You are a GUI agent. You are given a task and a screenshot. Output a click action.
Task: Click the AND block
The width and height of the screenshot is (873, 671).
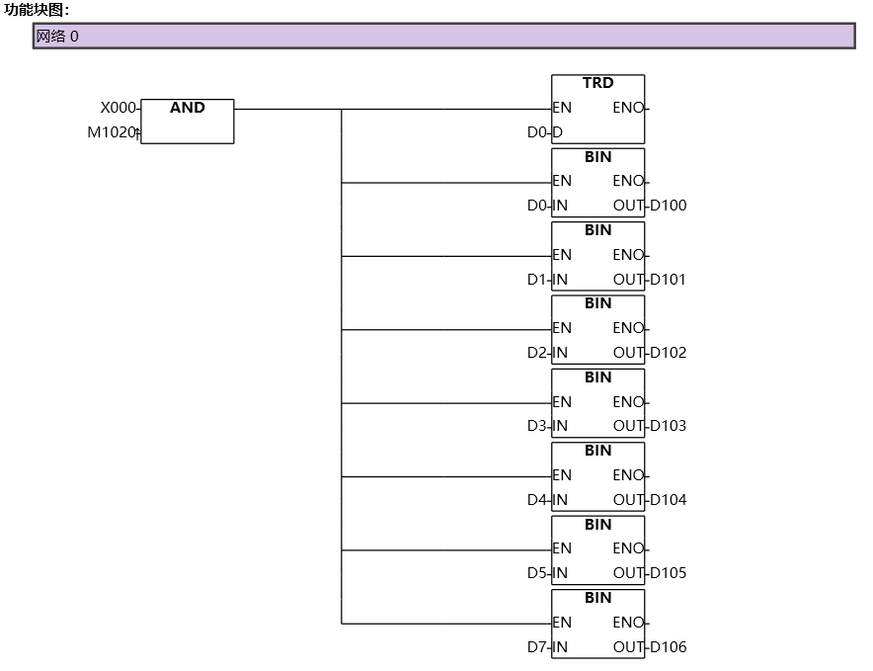pyautogui.click(x=187, y=121)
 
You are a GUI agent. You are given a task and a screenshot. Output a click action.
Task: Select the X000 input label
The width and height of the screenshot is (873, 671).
pyautogui.click(x=119, y=108)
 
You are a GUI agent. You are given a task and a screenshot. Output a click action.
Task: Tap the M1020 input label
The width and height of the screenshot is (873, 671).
pyautogui.click(x=111, y=132)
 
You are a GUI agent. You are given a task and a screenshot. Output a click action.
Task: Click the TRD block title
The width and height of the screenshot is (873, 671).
pyautogui.click(x=597, y=83)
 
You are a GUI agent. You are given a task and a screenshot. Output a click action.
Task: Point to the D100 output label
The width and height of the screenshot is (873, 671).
pyautogui.click(x=668, y=206)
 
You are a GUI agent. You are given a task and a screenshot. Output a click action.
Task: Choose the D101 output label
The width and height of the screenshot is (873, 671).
pyautogui.click(x=668, y=279)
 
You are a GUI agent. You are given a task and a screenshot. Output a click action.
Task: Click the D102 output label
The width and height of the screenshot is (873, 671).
pyautogui.click(x=668, y=353)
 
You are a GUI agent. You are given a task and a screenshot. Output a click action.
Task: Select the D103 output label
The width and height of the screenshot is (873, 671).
pyautogui.click(x=668, y=426)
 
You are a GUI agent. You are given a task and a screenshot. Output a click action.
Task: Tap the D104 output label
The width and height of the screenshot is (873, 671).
pyautogui.click(x=668, y=500)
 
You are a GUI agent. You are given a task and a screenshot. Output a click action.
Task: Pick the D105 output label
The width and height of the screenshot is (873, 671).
pyautogui.click(x=668, y=573)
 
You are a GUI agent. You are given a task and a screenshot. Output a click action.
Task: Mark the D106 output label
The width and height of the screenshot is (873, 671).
pyautogui.click(x=668, y=647)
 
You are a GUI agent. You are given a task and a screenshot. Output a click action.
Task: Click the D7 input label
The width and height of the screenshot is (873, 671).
pyautogui.click(x=537, y=647)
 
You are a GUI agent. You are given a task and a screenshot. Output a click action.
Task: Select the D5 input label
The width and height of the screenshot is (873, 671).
pyautogui.click(x=537, y=573)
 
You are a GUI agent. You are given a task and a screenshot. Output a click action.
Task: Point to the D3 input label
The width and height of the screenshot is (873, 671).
pyautogui.click(x=537, y=426)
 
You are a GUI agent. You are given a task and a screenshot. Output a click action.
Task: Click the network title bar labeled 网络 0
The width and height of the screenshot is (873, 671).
pyautogui.click(x=443, y=37)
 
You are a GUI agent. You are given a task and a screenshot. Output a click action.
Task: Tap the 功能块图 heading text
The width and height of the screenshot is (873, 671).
pyautogui.click(x=38, y=10)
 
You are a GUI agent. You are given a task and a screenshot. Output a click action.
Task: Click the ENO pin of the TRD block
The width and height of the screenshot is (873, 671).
pyautogui.click(x=628, y=108)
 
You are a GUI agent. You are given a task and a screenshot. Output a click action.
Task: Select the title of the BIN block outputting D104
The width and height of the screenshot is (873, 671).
pyautogui.click(x=597, y=451)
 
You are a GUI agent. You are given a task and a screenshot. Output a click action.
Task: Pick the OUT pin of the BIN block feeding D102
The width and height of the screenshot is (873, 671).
pyautogui.click(x=628, y=353)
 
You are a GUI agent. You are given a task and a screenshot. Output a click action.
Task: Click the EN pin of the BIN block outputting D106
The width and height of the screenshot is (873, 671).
pyautogui.click(x=562, y=623)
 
